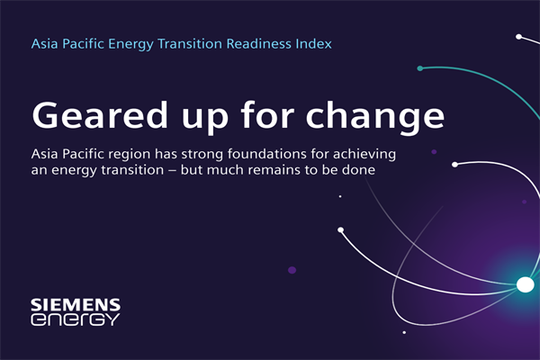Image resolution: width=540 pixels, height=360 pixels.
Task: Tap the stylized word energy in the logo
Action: pyautogui.click(x=74, y=319)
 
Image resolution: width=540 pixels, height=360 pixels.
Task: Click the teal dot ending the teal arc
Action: pyautogui.click(x=420, y=68)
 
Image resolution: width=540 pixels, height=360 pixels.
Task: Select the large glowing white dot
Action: pyautogui.click(x=525, y=285)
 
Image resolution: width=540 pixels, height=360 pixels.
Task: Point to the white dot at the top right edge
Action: pyautogui.click(x=518, y=37)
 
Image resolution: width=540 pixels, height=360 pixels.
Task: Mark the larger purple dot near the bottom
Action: pyautogui.click(x=292, y=269)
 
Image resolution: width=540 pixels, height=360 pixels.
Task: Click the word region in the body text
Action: pyautogui.click(x=145, y=156)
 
